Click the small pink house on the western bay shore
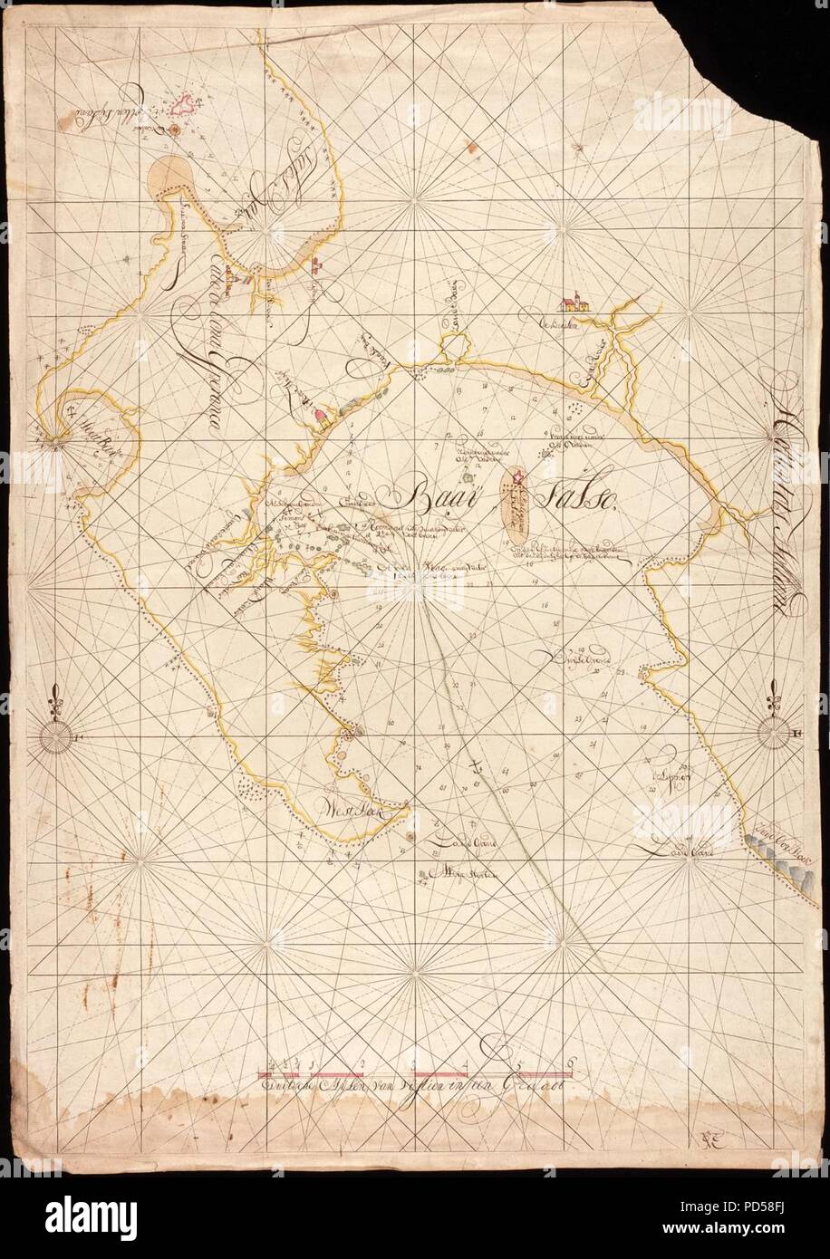(x=321, y=418)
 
